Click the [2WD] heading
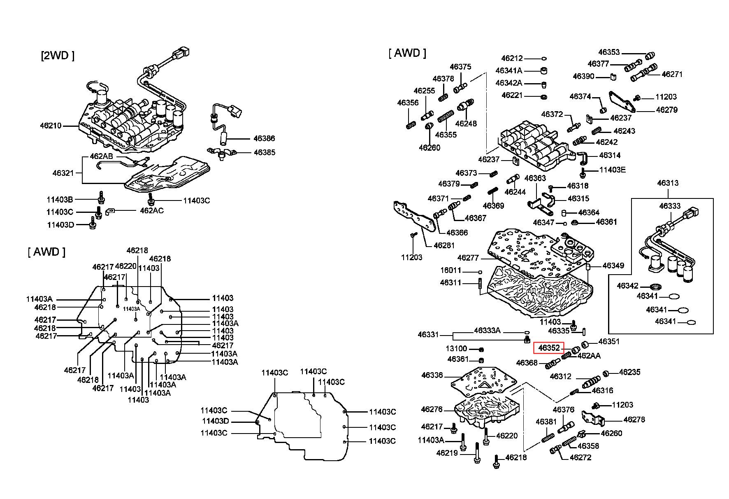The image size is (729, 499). click(x=58, y=56)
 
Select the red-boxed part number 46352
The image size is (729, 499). click(x=549, y=348)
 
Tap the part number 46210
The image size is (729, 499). click(x=51, y=126)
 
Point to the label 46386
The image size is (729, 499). click(x=264, y=139)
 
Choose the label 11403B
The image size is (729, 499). click(x=60, y=200)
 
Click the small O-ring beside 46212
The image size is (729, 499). click(x=543, y=59)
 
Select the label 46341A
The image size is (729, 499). click(x=508, y=71)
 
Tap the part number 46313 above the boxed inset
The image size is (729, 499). click(x=668, y=183)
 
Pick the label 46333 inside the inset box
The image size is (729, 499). click(x=670, y=206)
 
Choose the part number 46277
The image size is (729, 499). click(x=468, y=258)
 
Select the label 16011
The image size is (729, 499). click(x=450, y=271)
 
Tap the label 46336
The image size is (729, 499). click(x=432, y=375)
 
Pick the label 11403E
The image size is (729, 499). click(x=612, y=170)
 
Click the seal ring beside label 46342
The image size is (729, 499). click(x=656, y=286)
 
